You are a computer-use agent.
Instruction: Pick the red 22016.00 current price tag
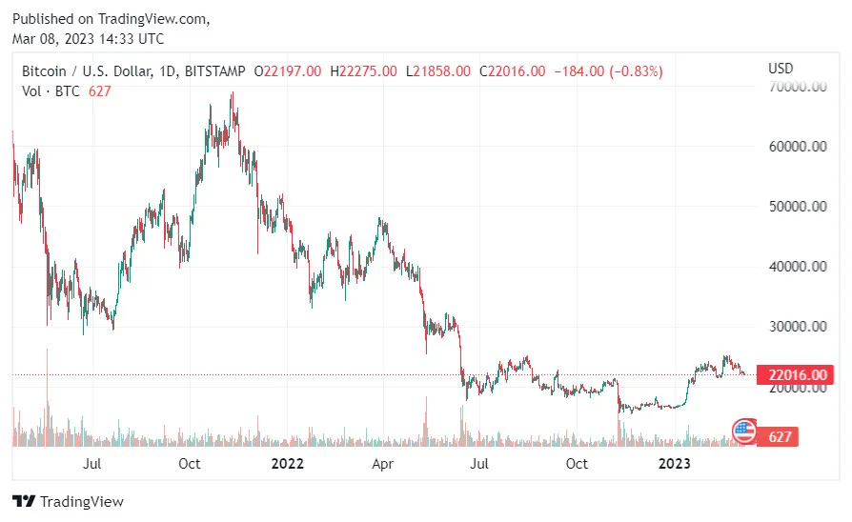click(x=789, y=375)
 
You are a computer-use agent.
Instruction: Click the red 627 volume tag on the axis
click(x=777, y=437)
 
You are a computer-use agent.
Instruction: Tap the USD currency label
click(x=781, y=69)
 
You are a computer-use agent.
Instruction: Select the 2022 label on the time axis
click(x=287, y=464)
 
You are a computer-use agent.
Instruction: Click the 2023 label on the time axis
click(x=676, y=464)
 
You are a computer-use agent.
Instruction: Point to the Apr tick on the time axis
click(x=382, y=464)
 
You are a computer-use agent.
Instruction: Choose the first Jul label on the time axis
click(x=92, y=464)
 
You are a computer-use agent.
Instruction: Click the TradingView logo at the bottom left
click(x=69, y=501)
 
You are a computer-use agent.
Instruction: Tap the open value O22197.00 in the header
click(x=286, y=70)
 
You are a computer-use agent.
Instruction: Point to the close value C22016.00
click(x=513, y=70)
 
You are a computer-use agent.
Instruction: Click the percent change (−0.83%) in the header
click(x=630, y=70)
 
